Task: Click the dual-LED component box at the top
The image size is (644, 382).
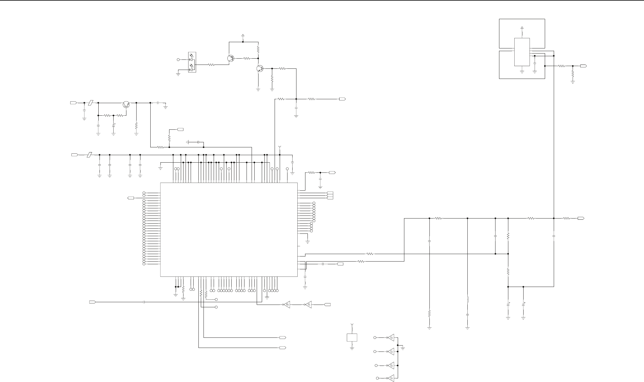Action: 192,62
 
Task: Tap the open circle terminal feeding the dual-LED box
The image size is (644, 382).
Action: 178,59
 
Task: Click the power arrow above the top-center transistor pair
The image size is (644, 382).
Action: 243,36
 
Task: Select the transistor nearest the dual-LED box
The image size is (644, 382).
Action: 230,59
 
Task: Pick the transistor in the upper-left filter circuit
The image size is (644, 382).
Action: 126,104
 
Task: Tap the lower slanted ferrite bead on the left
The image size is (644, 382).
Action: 89,155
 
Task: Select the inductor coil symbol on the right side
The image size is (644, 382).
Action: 467,300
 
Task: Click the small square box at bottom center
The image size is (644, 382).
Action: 352,337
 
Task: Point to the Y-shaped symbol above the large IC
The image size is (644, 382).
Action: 280,147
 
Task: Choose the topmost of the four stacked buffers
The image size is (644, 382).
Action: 390,337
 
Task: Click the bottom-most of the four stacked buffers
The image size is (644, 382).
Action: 390,378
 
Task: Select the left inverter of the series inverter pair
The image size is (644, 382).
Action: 286,305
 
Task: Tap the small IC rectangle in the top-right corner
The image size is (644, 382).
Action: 522,52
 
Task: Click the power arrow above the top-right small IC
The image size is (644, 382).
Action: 522,28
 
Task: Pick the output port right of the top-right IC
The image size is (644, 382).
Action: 584,66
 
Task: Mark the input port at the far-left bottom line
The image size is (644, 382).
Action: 92,302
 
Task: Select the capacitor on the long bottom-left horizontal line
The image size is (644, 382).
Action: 144,302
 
